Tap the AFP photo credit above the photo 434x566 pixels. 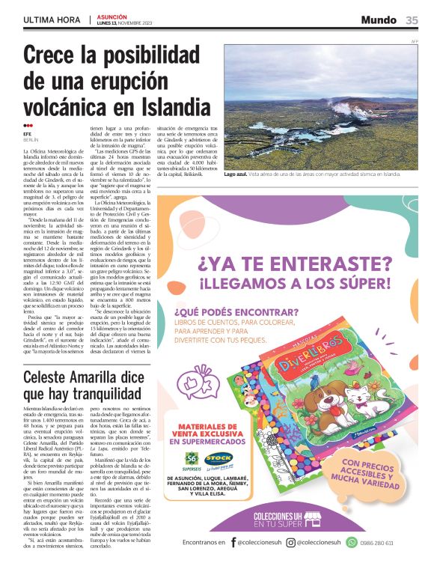(x=414, y=40)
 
